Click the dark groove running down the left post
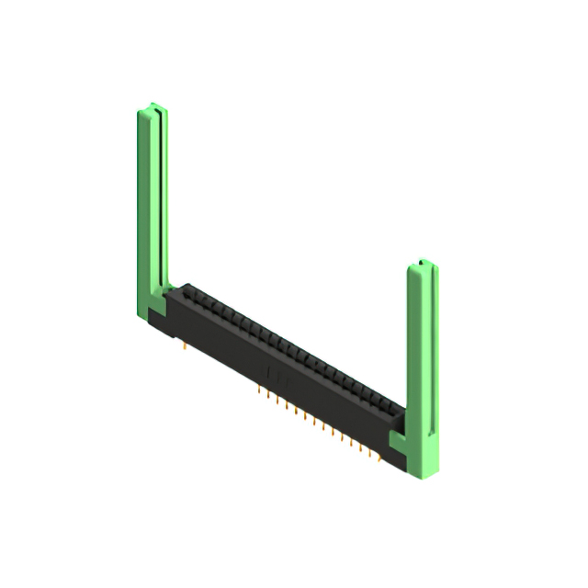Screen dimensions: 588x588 (163, 202)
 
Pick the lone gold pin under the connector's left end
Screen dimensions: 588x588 (187, 347)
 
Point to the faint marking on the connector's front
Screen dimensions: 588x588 (274, 371)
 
